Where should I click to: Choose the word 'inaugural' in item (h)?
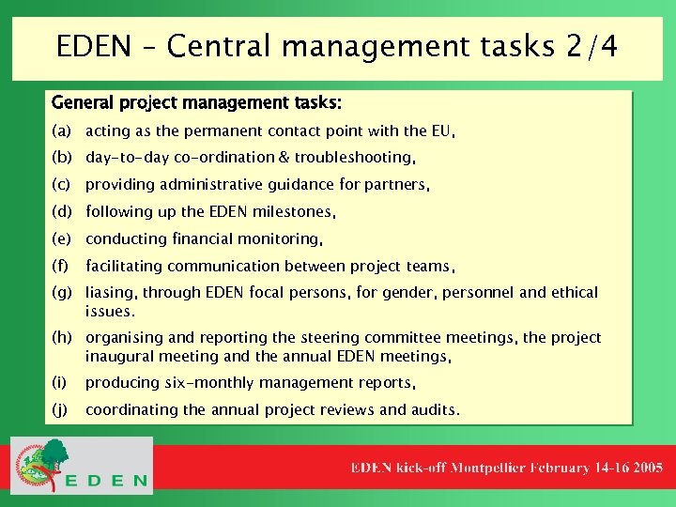coord(117,356)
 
